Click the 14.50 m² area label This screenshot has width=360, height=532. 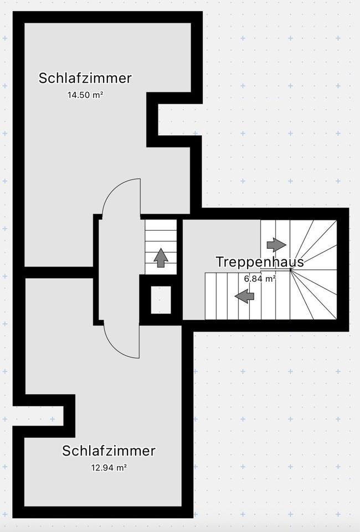point(85,95)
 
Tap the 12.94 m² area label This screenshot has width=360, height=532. point(109,468)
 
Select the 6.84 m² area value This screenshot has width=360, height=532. point(260,279)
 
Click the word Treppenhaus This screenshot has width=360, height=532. point(260,262)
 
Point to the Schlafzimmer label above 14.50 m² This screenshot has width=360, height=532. point(85,78)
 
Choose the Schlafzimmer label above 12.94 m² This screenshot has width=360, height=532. point(109,451)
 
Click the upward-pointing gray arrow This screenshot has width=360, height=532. point(161,258)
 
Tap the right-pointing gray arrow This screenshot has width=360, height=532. point(276,244)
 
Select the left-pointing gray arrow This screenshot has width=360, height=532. point(244,296)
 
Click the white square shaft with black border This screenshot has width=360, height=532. point(161,300)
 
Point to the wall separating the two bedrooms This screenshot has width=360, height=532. point(58,272)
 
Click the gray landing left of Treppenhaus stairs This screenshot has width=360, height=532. point(222,244)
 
